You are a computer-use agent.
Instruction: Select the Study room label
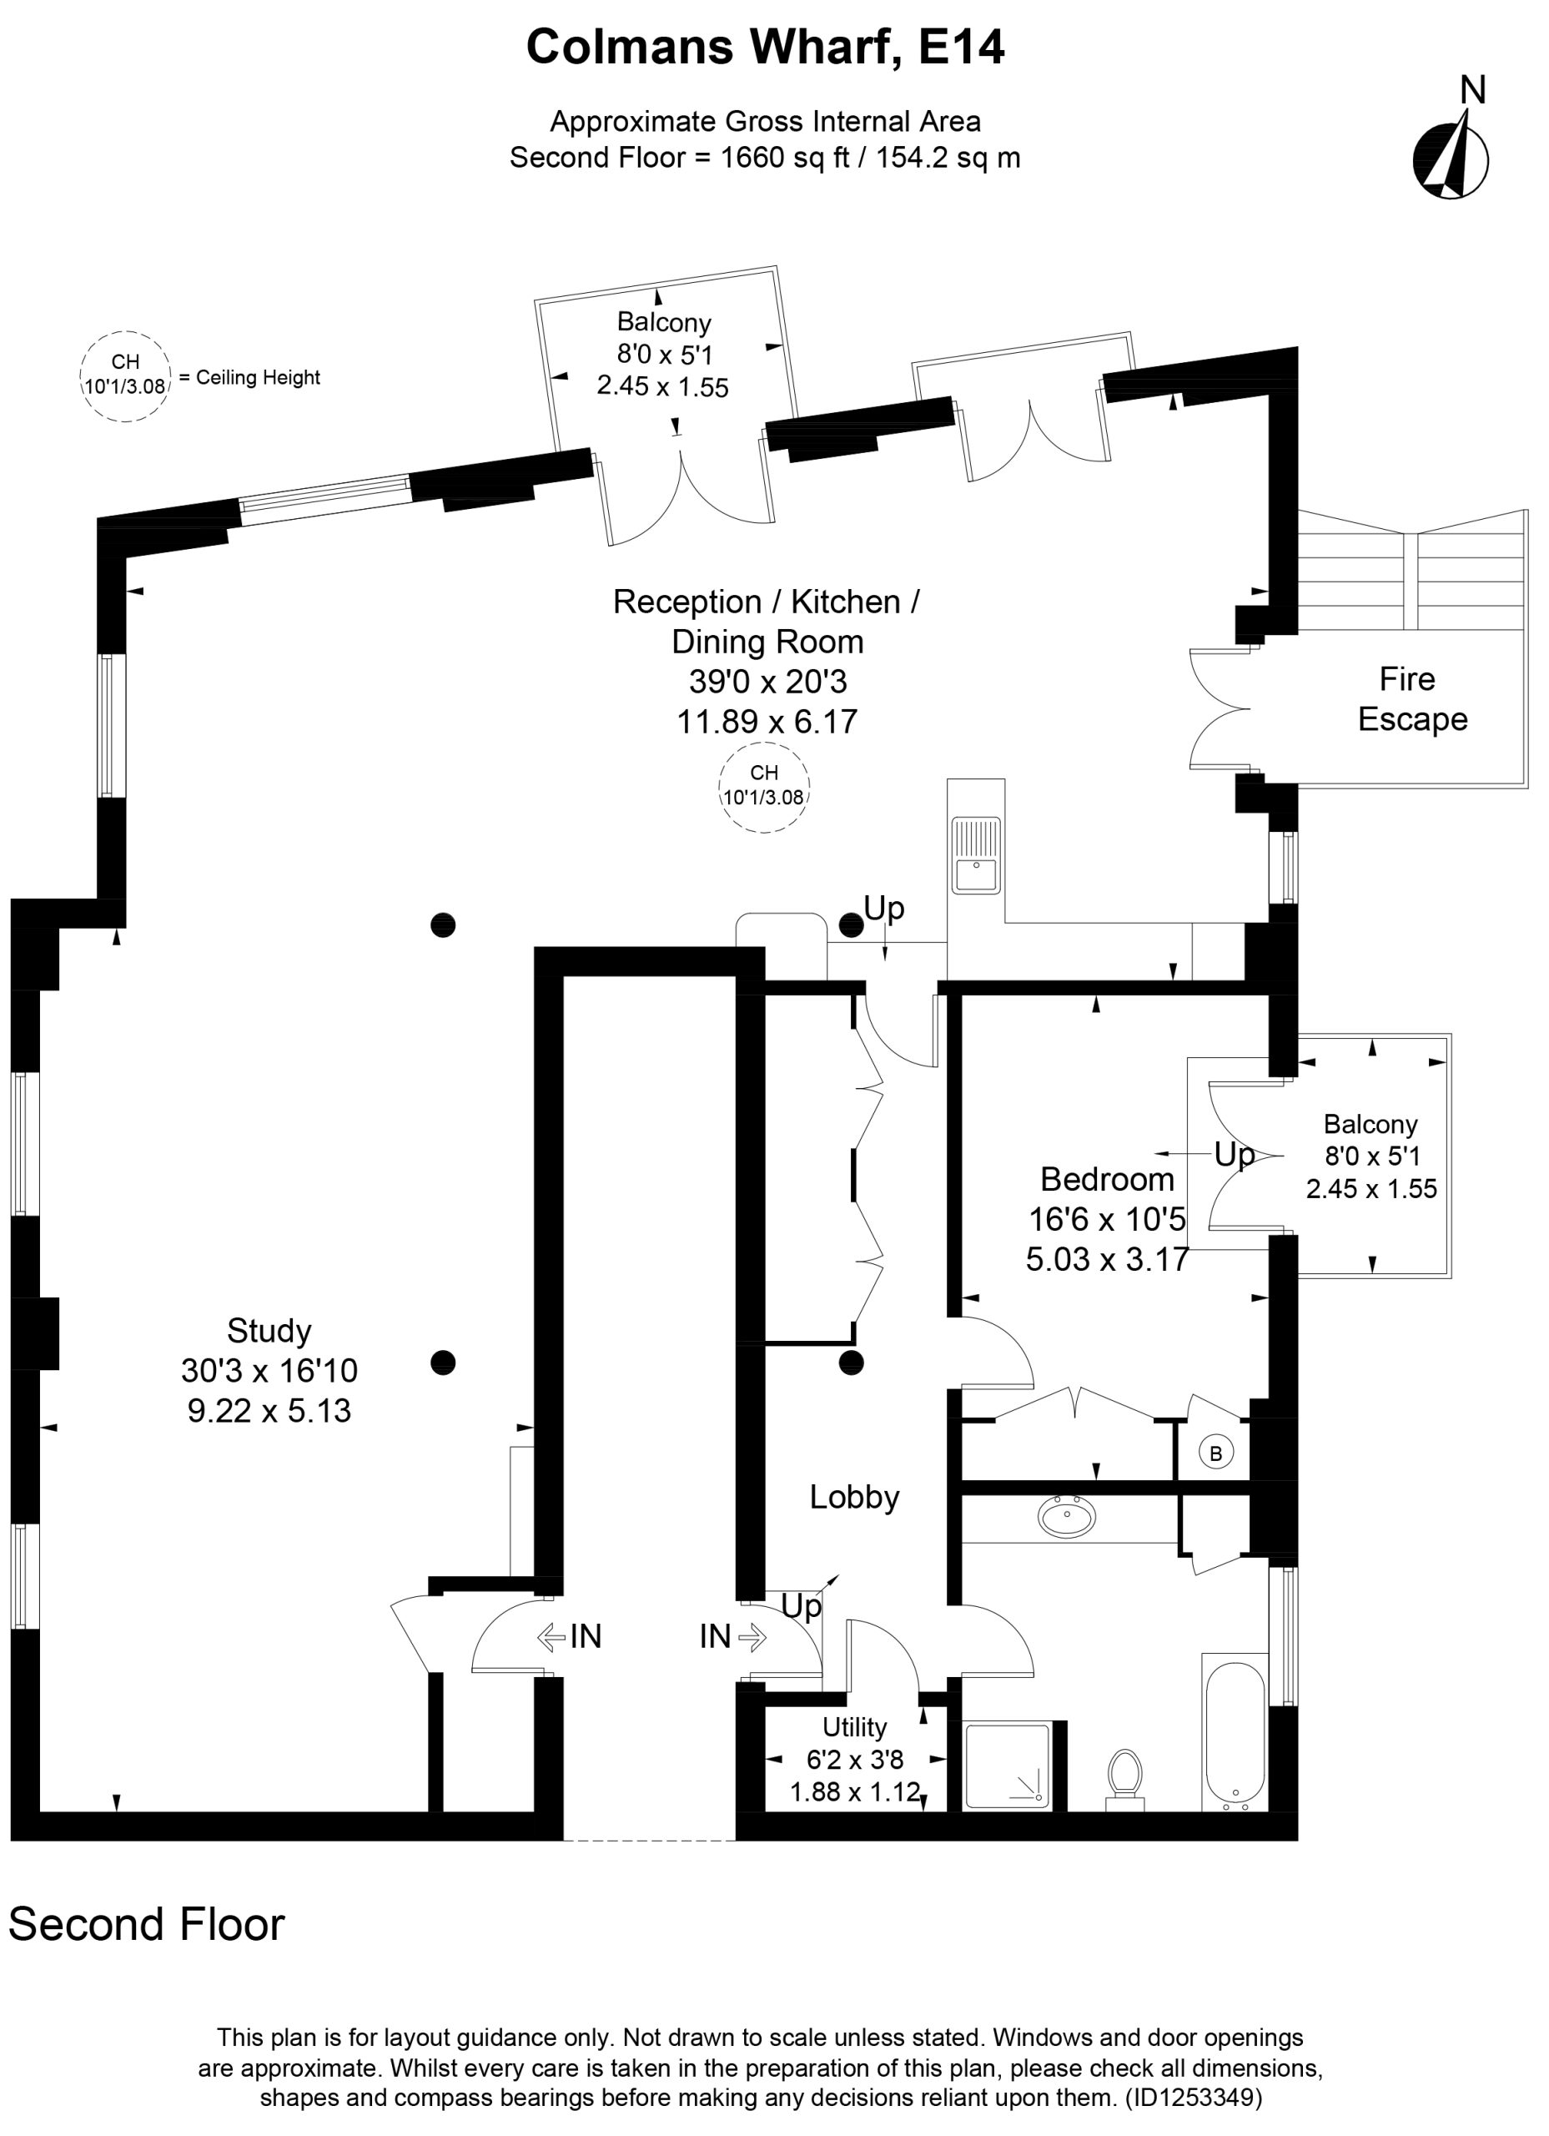click(x=269, y=1331)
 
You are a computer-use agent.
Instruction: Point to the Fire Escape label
click(x=1411, y=699)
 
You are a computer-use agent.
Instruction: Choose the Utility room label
click(x=854, y=1727)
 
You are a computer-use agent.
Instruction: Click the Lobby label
click(x=854, y=1497)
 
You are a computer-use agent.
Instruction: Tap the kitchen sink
click(x=976, y=855)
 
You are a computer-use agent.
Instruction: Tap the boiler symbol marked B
click(x=1215, y=1453)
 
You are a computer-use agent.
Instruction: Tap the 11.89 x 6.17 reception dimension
click(x=767, y=722)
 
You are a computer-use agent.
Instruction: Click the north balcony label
click(x=663, y=354)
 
